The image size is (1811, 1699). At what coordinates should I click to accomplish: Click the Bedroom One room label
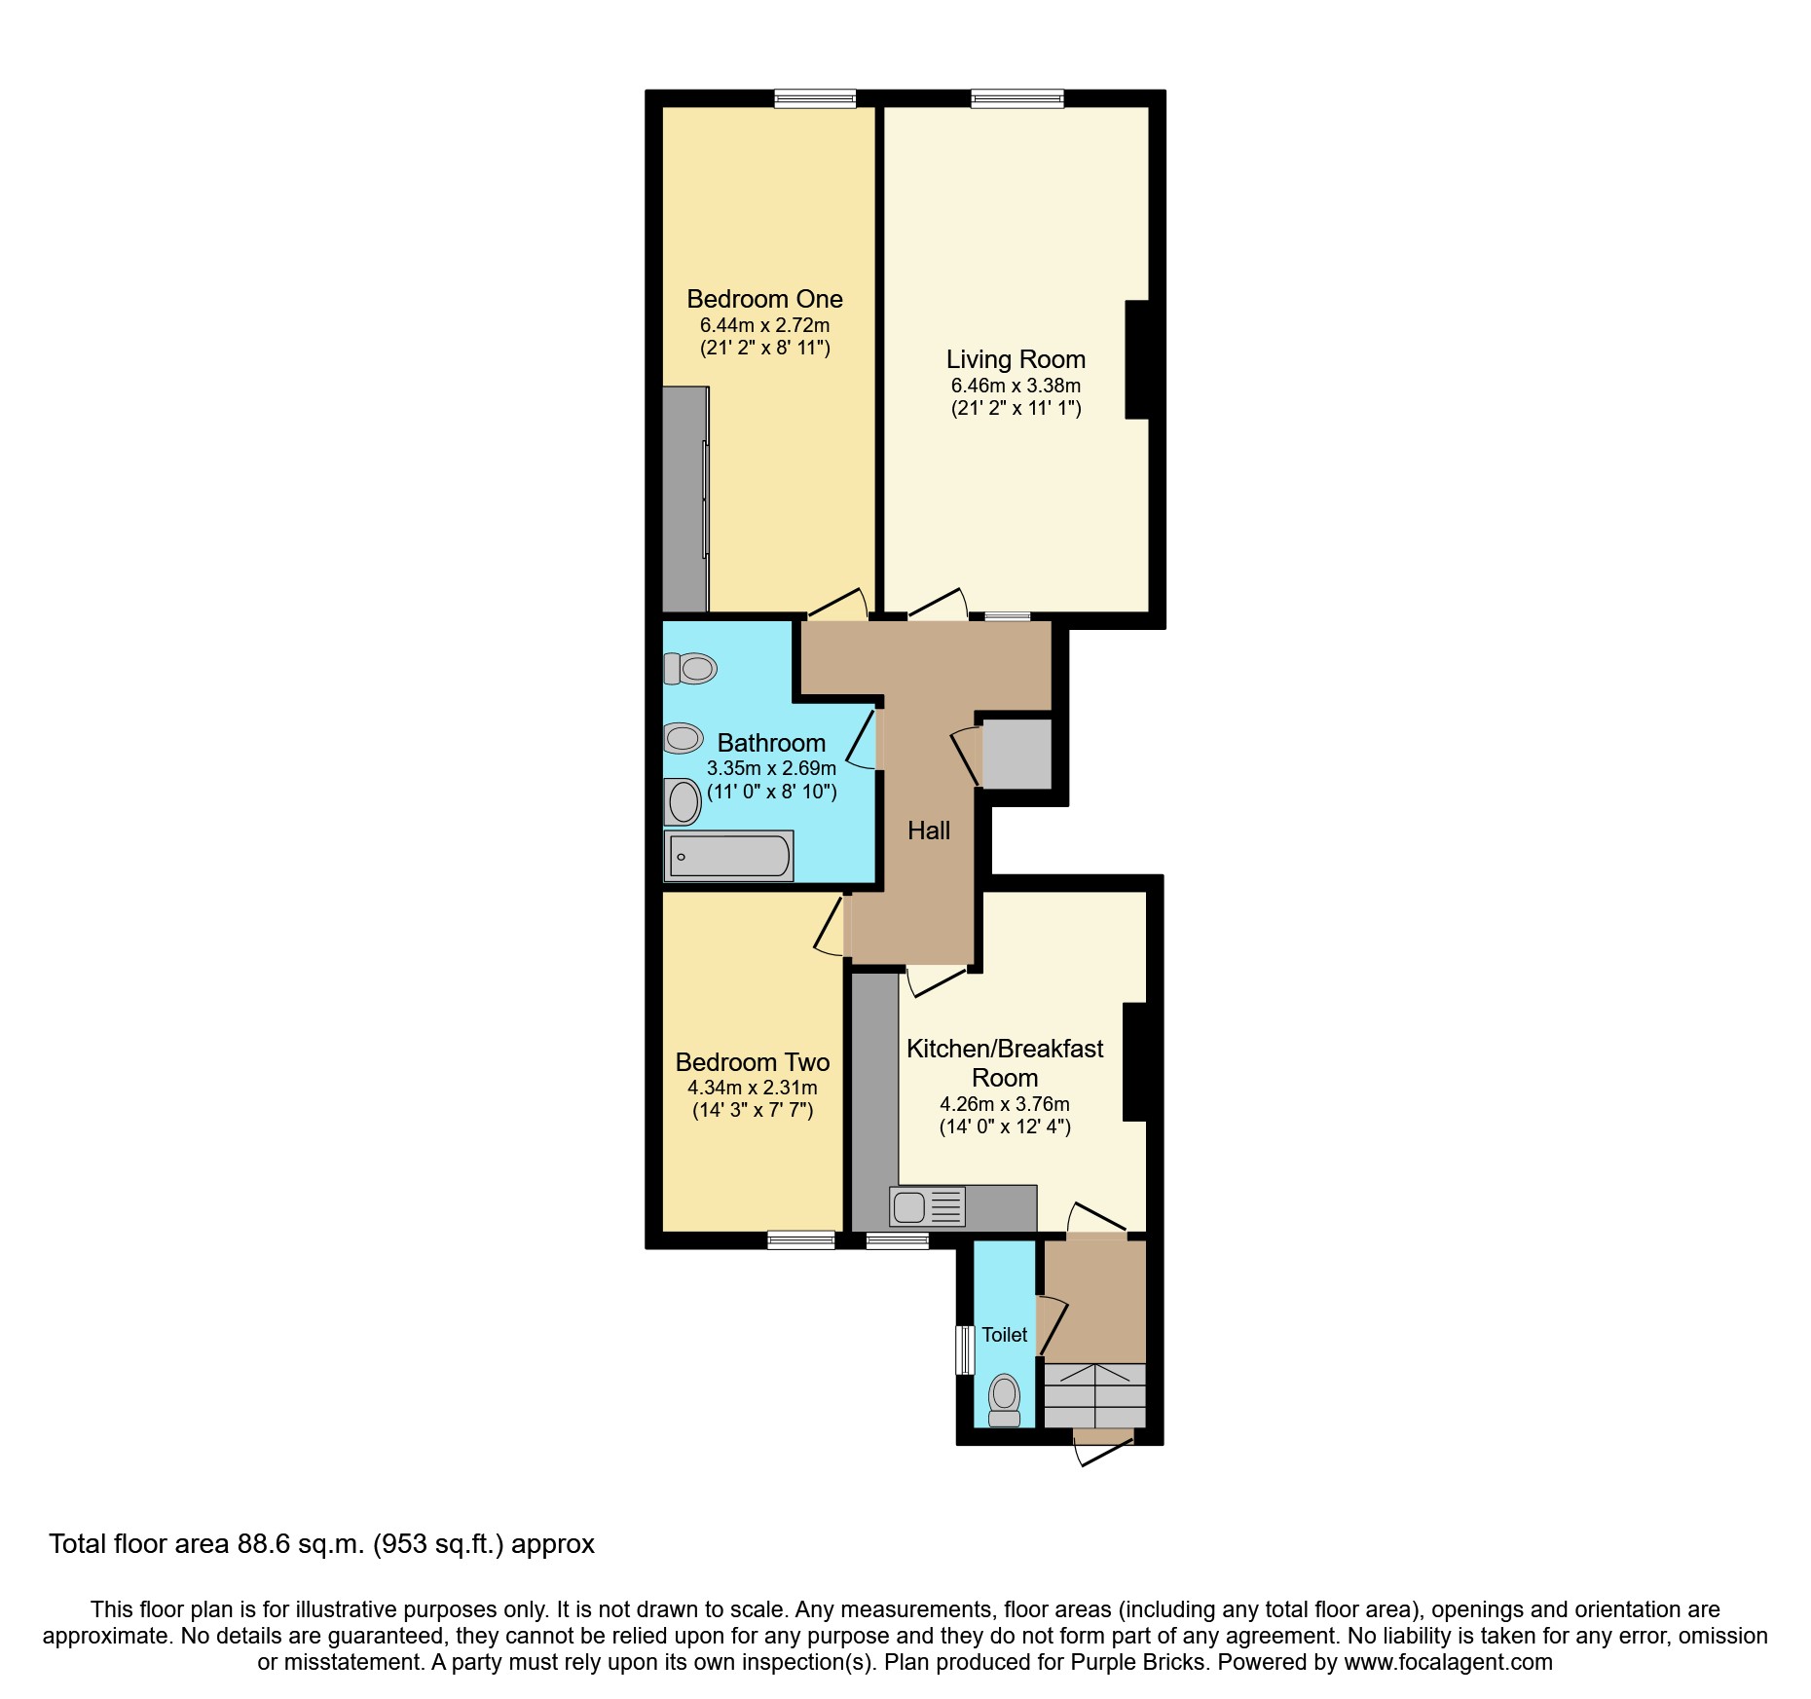764,299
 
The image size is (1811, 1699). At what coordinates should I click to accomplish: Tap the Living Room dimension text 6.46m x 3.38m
1016,386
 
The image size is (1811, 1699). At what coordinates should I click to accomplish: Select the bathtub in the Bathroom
729,856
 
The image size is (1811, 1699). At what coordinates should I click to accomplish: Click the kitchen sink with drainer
927,1207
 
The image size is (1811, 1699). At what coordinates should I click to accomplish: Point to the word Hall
928,831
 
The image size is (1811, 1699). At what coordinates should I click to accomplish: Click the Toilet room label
1004,1335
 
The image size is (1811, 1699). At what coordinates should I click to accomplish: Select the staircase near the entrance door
1095,1395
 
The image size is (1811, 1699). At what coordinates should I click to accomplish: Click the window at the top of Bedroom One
815,98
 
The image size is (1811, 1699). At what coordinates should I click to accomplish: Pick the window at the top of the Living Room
1016,98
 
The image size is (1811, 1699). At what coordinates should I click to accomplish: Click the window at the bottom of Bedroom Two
800,1240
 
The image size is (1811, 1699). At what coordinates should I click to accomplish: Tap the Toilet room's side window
964,1349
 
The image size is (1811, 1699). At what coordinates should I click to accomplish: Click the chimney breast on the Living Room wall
1137,360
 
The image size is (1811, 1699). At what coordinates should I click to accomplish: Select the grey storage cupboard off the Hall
1016,754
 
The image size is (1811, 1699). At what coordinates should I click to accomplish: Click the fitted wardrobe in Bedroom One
684,499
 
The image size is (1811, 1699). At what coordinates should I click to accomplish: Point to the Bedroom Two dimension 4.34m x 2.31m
752,1088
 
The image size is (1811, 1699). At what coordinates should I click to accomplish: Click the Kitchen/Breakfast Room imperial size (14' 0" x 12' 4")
1004,1127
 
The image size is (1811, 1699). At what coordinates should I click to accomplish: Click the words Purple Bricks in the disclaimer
1138,1663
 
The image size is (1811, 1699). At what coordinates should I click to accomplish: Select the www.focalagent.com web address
1448,1663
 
